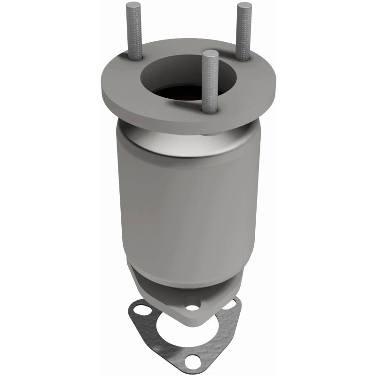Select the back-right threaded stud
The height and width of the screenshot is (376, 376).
click(244, 33)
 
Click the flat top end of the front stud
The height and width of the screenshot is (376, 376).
click(210, 53)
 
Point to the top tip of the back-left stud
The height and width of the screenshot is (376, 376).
click(131, 6)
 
